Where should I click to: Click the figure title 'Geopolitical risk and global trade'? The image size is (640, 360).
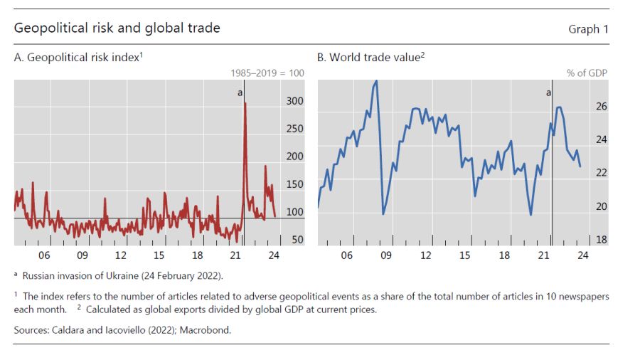pyautogui.click(x=117, y=28)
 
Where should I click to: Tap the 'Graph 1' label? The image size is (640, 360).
pyautogui.click(x=588, y=29)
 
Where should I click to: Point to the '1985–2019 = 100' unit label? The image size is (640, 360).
pyautogui.click(x=267, y=73)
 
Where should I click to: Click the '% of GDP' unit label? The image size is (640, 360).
pyautogui.click(x=587, y=73)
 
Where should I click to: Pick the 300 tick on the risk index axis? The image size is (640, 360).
pyautogui.click(x=294, y=101)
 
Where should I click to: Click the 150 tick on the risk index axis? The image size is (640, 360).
pyautogui.click(x=294, y=184)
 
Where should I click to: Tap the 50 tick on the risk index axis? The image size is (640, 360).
pyautogui.click(x=297, y=240)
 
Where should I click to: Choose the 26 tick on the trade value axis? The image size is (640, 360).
pyautogui.click(x=601, y=107)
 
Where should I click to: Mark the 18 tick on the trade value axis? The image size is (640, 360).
pyautogui.click(x=601, y=240)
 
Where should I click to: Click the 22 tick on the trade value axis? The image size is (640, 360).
pyautogui.click(x=601, y=173)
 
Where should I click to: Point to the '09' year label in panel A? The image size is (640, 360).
pyautogui.click(x=82, y=255)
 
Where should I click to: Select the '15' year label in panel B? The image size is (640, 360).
pyautogui.click(x=464, y=255)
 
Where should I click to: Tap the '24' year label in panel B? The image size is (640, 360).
pyautogui.click(x=582, y=255)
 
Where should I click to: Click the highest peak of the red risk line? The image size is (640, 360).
pyautogui.click(x=245, y=103)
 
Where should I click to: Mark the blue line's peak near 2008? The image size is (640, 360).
pyautogui.click(x=376, y=81)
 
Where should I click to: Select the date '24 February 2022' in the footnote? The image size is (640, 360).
pyautogui.click(x=183, y=275)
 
